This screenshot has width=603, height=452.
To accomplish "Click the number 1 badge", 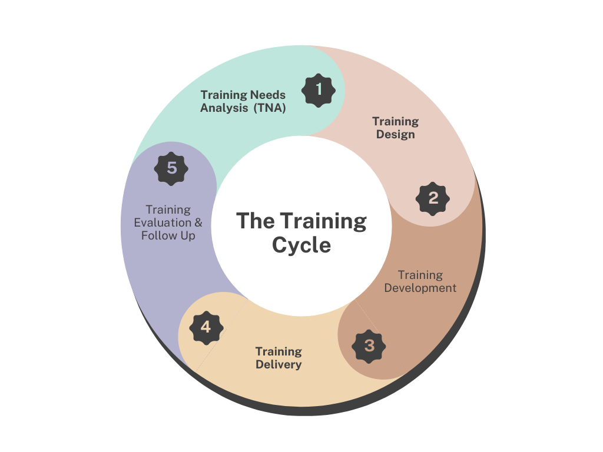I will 319,90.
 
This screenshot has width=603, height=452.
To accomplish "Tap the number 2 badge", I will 433,198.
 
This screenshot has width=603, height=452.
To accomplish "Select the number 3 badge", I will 369,345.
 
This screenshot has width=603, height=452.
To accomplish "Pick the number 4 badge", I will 206,327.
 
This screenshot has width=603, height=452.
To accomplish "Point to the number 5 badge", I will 171,168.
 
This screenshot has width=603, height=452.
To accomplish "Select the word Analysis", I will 224,108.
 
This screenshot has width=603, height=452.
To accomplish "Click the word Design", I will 396,135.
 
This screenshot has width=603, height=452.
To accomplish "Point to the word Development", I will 420,288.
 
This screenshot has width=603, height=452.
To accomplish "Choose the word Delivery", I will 279,365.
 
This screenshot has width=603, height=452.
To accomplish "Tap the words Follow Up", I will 168,236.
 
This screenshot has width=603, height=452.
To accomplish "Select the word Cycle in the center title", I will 301,245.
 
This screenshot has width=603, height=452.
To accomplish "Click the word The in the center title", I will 256,221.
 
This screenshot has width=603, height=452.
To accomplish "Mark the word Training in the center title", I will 323,221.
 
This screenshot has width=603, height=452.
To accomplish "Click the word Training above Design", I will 395,121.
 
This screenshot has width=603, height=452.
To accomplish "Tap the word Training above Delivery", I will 279,351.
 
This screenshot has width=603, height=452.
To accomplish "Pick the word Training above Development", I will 420,275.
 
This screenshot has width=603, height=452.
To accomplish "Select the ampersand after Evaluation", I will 198,223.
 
